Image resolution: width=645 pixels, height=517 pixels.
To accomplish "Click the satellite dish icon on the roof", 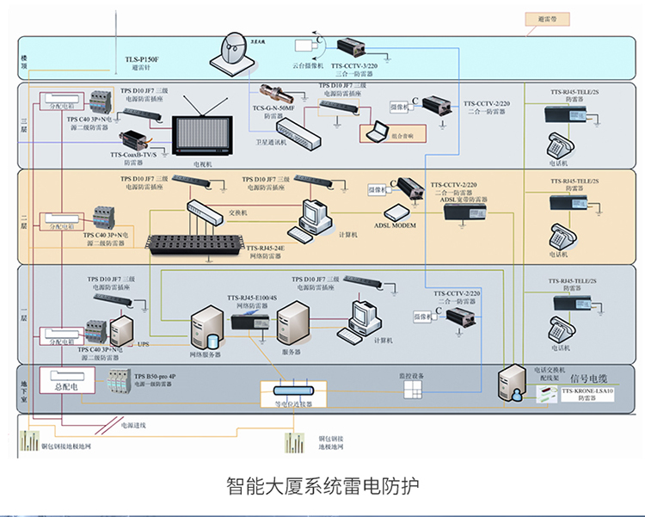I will (x=232, y=52).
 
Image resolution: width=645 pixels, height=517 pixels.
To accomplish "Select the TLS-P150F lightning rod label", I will (x=142, y=59).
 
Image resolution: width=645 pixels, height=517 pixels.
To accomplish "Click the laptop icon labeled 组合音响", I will (x=377, y=132).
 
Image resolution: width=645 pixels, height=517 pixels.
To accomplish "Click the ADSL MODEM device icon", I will (x=398, y=212).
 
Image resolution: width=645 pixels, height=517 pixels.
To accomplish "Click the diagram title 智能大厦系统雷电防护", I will (x=322, y=485).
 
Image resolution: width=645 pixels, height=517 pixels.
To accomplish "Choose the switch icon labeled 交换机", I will (x=204, y=208).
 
